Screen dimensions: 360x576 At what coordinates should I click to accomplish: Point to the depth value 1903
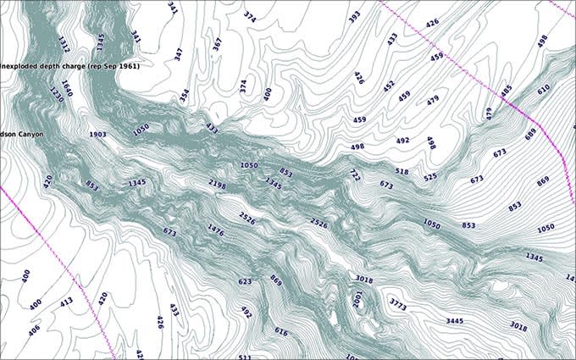(x=97, y=135)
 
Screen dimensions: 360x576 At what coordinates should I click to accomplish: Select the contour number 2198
(x=217, y=184)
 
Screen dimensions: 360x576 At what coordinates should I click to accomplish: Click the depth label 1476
(x=216, y=230)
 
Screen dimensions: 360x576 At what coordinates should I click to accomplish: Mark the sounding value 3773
(x=398, y=302)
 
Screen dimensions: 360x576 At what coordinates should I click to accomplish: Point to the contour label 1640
(x=66, y=87)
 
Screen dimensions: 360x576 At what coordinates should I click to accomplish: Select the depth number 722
(x=354, y=174)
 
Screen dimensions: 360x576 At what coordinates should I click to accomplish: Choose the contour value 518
(x=402, y=172)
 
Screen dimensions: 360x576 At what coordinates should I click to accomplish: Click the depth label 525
(x=430, y=178)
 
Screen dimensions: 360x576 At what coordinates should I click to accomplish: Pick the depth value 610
(x=543, y=88)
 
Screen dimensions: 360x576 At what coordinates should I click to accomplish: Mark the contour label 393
(x=354, y=15)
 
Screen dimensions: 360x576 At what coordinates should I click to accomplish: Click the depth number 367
(x=218, y=43)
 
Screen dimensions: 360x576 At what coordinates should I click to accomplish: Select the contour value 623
(x=245, y=281)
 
